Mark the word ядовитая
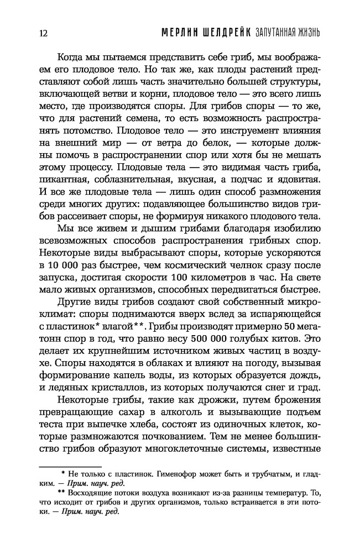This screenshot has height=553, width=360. tap(293, 181)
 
